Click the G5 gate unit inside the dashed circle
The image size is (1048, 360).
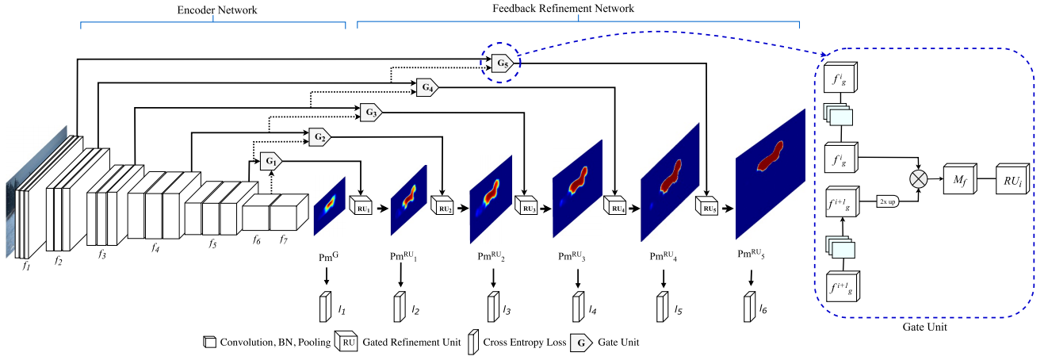(503, 63)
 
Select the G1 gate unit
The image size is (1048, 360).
(271, 162)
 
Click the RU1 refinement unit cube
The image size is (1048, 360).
(361, 205)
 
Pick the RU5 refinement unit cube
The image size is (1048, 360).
(707, 205)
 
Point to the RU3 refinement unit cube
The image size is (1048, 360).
(526, 205)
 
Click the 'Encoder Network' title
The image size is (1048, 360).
(217, 10)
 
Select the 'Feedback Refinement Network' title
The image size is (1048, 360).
(564, 9)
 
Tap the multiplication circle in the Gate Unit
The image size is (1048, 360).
(919, 179)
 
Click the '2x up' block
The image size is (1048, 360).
(888, 201)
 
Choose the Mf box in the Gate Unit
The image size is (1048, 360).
(960, 178)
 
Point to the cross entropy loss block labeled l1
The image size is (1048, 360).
(326, 307)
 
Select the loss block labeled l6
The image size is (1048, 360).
(750, 307)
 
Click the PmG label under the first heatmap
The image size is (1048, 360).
(328, 257)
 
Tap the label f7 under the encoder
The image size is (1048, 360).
(284, 239)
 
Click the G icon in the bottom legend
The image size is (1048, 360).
(581, 343)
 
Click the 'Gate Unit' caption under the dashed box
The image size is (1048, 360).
(924, 327)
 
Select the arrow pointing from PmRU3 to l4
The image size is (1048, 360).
(578, 278)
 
